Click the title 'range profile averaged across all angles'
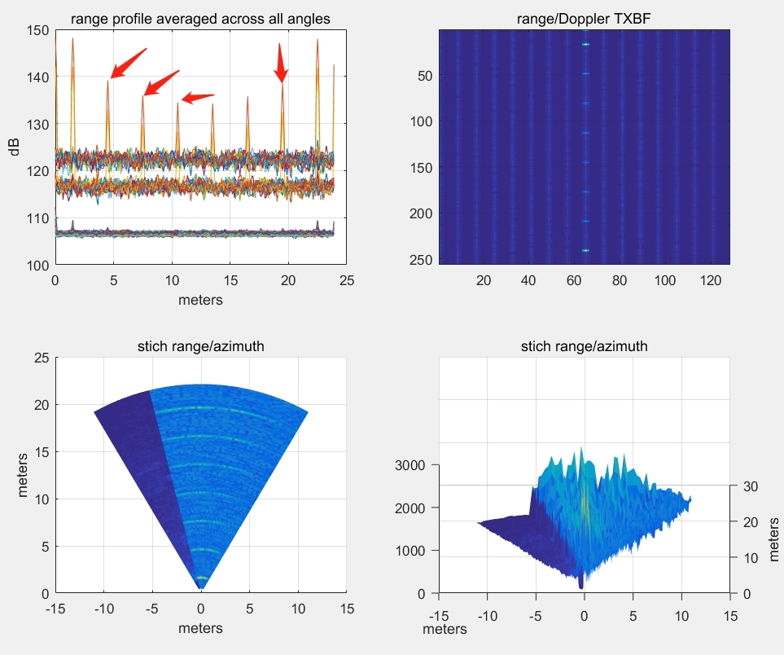[x=200, y=19]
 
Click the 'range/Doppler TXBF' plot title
[x=584, y=19]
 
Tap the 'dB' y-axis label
[x=14, y=147]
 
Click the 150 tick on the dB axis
[x=38, y=30]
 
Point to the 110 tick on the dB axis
[x=38, y=218]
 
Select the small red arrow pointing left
[x=197, y=98]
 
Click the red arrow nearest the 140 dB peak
[x=128, y=64]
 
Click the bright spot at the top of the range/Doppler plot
[x=585, y=44]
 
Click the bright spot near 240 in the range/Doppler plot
[x=585, y=250]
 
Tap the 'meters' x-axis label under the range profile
[x=200, y=300]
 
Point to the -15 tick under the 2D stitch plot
[x=55, y=609]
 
